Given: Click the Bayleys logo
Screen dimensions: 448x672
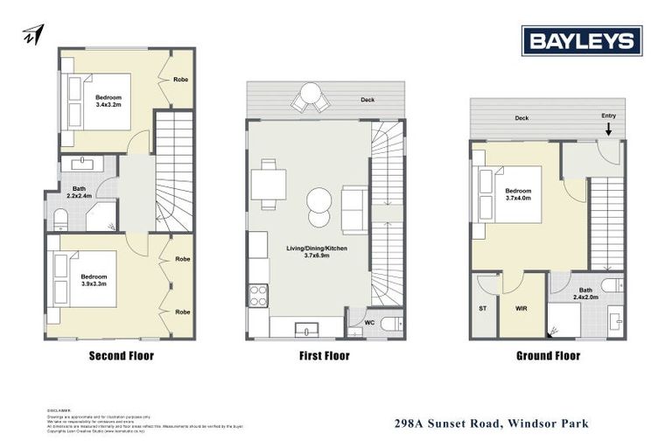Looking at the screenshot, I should point(582,41).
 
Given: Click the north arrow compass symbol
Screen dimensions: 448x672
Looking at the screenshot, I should point(32,34).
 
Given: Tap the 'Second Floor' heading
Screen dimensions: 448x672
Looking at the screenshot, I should point(122,356).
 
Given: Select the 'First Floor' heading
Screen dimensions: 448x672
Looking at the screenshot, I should point(324,356).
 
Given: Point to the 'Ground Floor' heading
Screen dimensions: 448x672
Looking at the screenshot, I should point(547,356).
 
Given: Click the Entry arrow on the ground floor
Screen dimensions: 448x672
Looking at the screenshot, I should point(608,129).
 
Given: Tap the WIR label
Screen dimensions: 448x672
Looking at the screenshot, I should point(522,308).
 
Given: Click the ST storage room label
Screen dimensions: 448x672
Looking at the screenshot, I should point(482,308).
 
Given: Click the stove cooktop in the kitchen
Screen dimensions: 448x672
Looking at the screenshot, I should point(257,295).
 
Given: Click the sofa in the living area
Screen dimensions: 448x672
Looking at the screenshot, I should point(354,209).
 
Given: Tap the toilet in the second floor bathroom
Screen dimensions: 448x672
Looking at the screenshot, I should point(61,219).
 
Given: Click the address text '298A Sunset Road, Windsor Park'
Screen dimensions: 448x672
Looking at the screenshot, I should point(490,424).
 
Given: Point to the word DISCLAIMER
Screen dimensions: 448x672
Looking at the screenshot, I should point(59,409).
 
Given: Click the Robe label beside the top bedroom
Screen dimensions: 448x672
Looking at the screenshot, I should point(181,80).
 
